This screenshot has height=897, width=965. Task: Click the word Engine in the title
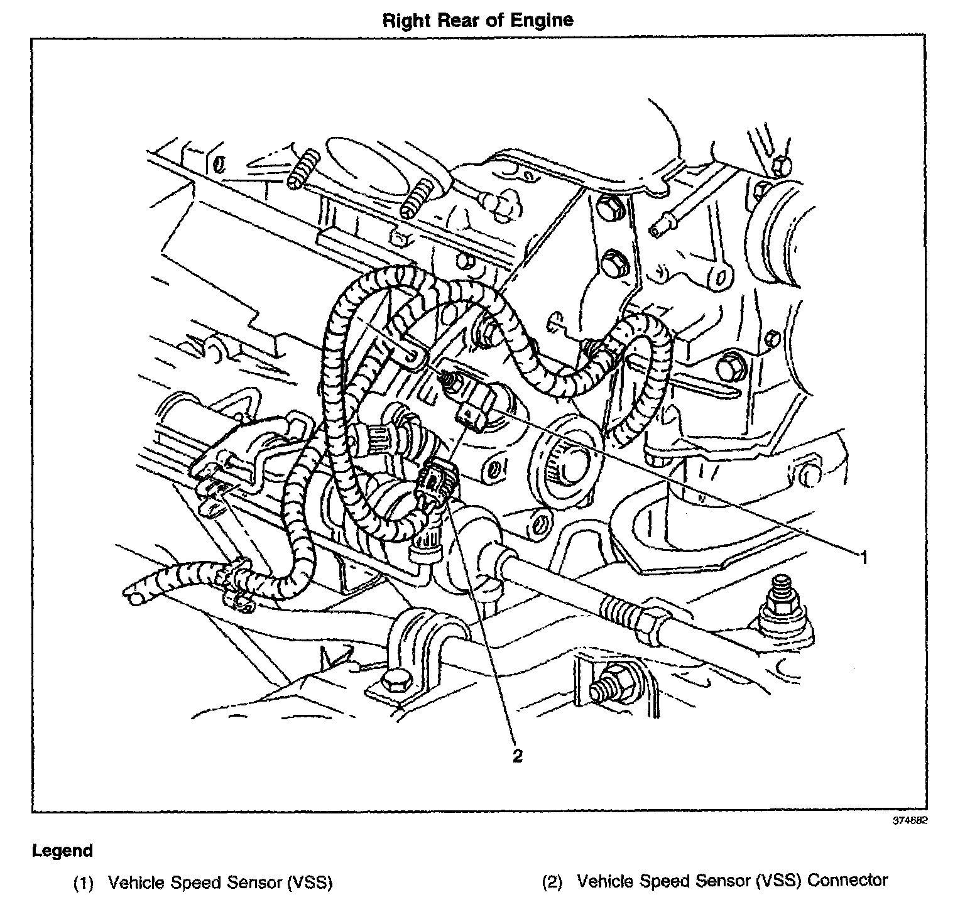click(x=542, y=20)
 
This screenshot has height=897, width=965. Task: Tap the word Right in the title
click(x=405, y=20)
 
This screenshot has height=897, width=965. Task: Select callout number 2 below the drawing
click(x=517, y=756)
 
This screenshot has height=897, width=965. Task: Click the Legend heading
click(x=62, y=851)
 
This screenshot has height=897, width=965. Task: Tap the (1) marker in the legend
click(x=84, y=883)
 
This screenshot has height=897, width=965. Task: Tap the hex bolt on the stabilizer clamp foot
click(x=393, y=681)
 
